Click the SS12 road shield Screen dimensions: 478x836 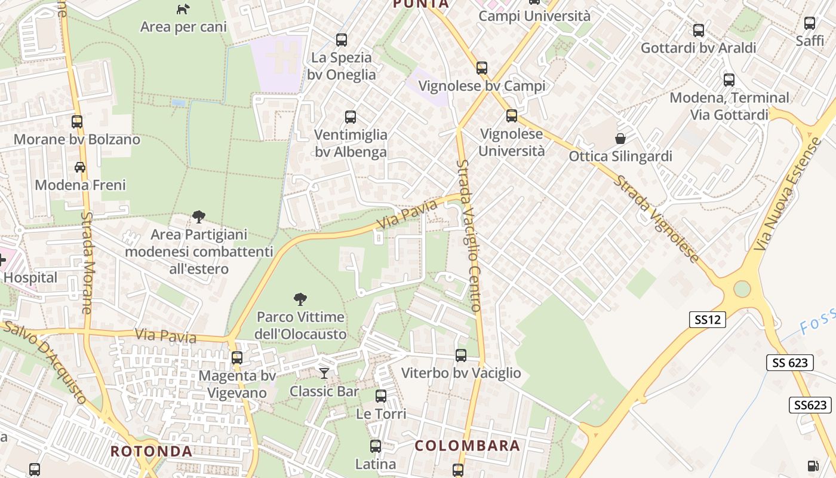pos(708,320)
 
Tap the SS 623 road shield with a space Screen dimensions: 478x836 pos(790,362)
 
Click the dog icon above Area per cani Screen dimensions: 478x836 pos(183,9)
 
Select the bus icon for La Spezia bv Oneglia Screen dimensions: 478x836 pos(342,40)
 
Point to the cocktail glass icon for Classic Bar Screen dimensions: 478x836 pos(324,373)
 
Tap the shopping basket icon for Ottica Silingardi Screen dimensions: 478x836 pos(620,139)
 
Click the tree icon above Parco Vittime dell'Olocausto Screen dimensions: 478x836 pos(300,299)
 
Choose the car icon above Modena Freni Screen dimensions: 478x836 pos(79,167)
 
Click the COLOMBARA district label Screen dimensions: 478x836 pos(468,446)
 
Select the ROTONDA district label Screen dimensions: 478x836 pos(152,451)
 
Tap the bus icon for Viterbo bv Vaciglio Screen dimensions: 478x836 pos(461,356)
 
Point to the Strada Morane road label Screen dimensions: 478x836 pos(88,263)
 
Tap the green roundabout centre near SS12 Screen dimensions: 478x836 pos(742,289)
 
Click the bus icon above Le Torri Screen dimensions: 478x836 pos(381,396)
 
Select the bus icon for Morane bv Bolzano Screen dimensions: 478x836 pos(77,122)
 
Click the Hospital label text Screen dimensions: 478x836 pos(30,278)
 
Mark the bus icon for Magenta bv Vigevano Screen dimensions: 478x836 pos(237,358)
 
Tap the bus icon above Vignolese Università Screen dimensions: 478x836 pos(512,116)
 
